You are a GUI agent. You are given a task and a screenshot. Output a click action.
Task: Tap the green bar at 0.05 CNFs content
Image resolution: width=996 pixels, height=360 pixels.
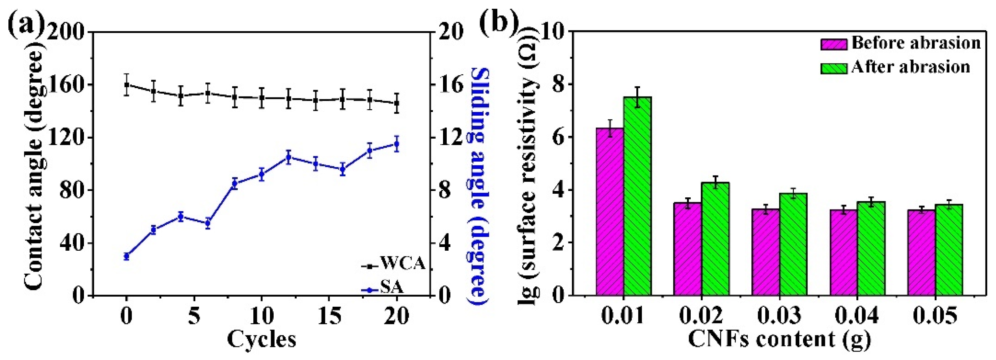click(x=949, y=250)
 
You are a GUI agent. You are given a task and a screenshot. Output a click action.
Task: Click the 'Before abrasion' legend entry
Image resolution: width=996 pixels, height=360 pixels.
click(x=901, y=43)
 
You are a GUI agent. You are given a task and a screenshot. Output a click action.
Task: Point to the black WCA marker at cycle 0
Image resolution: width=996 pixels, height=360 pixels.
click(x=127, y=84)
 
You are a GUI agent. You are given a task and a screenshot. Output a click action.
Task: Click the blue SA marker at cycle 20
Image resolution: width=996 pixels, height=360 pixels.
click(x=396, y=144)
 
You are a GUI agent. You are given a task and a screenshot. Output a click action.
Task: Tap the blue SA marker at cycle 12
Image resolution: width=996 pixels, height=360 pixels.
click(x=288, y=157)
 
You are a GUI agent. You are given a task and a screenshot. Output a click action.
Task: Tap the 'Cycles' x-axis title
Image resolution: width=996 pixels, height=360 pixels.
click(x=262, y=339)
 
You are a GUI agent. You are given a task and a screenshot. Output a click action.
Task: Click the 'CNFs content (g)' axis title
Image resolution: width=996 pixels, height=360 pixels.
click(x=779, y=339)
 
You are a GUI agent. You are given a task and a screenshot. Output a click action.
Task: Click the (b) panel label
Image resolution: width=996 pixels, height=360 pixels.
click(x=499, y=23)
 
